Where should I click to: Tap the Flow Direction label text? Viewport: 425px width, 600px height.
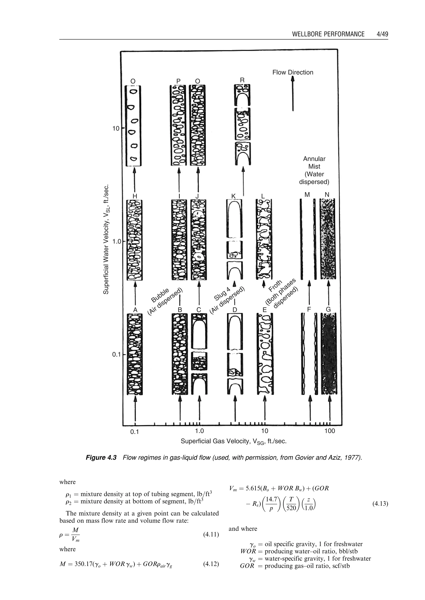[293, 72]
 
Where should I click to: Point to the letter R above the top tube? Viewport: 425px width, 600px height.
[242, 80]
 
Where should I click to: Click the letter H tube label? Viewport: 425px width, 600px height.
[135, 196]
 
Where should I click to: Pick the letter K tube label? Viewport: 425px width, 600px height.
[233, 196]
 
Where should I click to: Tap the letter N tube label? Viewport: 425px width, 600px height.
[327, 194]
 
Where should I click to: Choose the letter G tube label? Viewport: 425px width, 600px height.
[328, 310]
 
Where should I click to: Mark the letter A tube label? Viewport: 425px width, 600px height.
[135, 310]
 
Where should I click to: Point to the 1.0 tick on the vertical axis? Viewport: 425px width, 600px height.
[117, 241]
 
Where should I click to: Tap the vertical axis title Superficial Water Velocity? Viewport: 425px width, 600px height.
[106, 239]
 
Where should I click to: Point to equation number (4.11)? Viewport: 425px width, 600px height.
[211, 534]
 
